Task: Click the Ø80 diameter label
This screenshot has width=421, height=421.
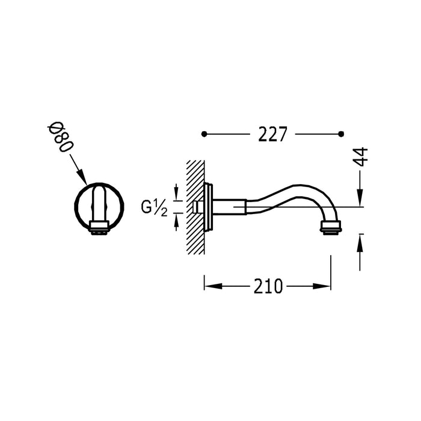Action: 61,140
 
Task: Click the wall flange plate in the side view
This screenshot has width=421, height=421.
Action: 208,207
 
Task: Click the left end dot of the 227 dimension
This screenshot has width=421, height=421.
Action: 204,133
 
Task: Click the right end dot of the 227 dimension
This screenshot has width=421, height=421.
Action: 342,133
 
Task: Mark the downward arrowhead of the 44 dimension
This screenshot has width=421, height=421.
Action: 360,201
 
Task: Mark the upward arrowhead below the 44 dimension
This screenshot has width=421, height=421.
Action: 360,238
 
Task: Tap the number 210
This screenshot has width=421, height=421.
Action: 268,286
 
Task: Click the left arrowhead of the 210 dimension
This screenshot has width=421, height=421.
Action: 209,286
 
